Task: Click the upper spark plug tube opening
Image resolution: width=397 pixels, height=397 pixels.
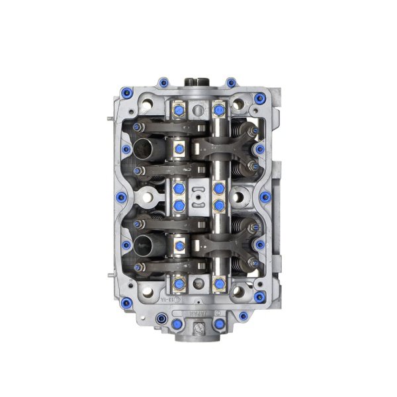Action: (144, 147)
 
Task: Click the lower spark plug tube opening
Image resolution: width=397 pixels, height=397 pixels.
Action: (144, 245)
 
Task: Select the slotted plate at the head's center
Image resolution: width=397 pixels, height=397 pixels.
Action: (199, 197)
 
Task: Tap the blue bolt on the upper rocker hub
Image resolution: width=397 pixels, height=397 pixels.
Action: (179, 150)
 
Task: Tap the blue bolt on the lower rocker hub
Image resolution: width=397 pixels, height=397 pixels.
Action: (179, 246)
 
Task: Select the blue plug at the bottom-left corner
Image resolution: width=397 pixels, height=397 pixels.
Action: (126, 303)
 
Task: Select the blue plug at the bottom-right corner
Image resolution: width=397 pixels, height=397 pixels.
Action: (259, 296)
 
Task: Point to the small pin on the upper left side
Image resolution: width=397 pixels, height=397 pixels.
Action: (109, 120)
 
